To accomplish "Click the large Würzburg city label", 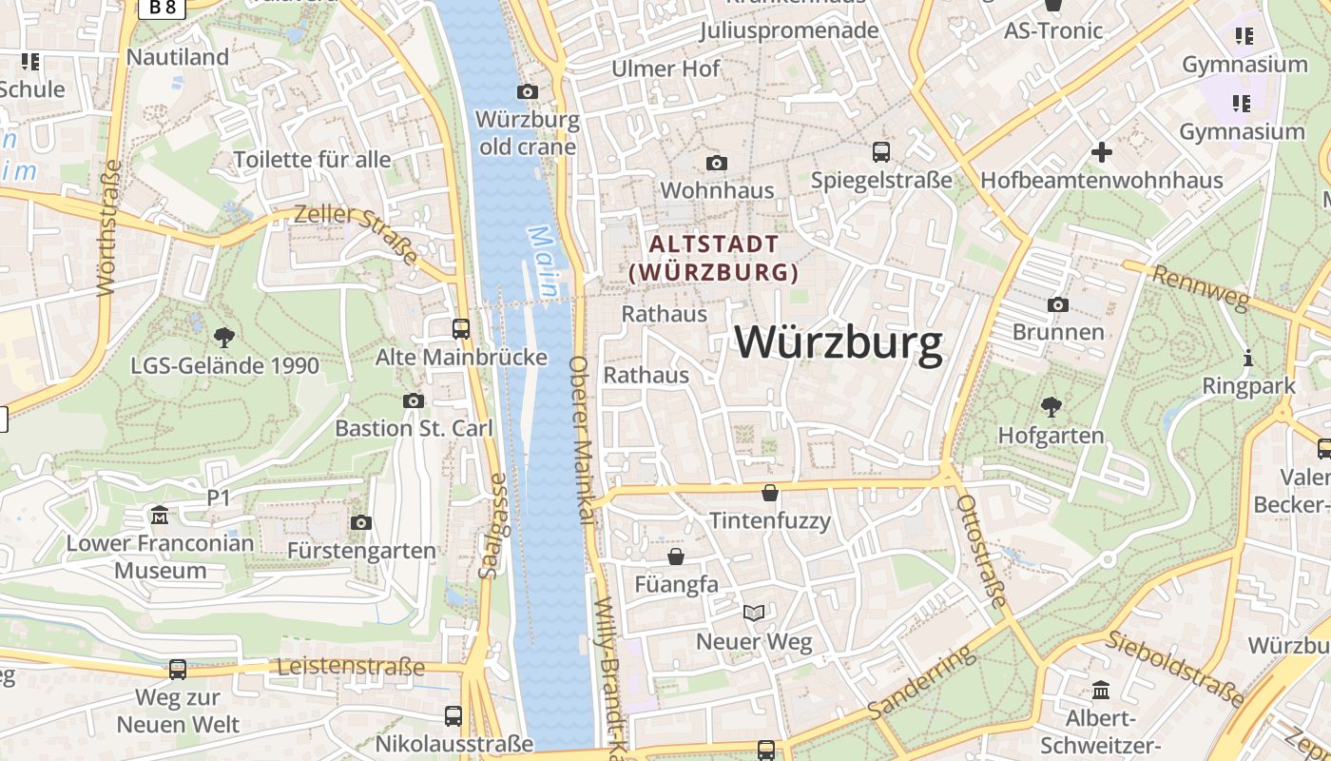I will point(839,342).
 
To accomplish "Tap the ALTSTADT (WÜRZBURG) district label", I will point(714,258).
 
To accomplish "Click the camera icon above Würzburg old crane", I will point(527,91).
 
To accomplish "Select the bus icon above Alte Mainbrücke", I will point(461,329).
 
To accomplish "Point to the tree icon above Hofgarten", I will point(1051,407).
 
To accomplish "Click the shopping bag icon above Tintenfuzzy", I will point(770,493).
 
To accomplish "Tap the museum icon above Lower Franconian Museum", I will point(160,516).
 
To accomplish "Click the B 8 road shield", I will point(162,8).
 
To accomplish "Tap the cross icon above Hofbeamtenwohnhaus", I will point(1101,152).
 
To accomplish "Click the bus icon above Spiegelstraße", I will point(881,151).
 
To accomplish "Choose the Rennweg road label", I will point(1200,287).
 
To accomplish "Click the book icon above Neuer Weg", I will point(754,613).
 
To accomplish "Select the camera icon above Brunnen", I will point(1057,304).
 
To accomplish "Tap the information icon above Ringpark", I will point(1248,359).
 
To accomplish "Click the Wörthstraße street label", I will point(110,228).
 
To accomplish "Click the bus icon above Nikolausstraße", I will point(453,715).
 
